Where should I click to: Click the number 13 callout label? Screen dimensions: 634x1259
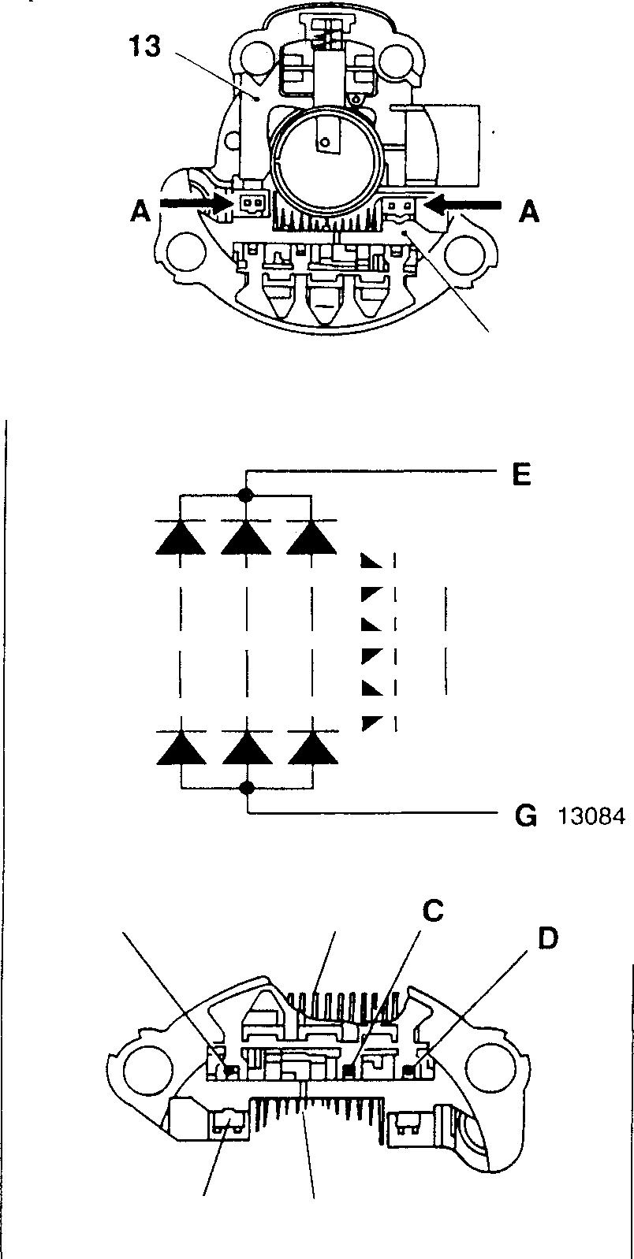145,46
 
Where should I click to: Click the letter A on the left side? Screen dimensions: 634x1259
140,212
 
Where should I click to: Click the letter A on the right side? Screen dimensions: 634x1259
528,211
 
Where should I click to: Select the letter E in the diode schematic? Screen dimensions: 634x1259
521,475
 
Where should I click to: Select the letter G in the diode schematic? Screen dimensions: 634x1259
524,815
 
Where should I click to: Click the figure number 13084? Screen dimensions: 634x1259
591,816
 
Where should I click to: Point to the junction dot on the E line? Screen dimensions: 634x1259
247,496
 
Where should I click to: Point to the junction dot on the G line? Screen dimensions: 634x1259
248,787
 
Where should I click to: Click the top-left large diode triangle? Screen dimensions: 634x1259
181,537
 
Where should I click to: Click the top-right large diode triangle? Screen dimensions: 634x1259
312,537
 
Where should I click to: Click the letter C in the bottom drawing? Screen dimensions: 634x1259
433,911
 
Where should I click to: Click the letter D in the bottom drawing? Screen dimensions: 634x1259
547,938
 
